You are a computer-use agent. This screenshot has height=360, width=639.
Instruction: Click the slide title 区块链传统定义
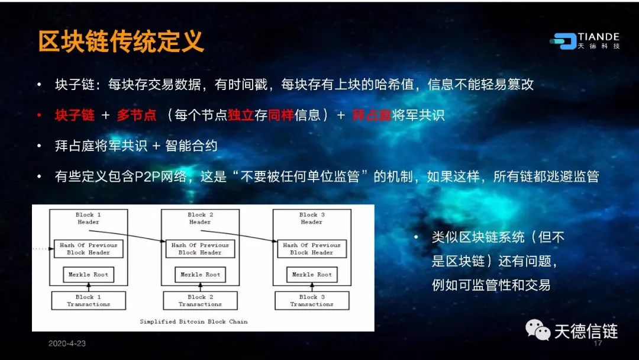coord(121,41)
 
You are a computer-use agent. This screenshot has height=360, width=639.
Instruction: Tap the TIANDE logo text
coord(598,37)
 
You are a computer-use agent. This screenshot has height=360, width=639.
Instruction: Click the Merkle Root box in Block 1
coord(88,274)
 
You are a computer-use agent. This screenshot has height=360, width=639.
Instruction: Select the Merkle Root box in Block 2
coord(200,274)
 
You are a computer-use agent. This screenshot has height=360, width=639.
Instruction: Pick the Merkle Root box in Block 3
coord(312,274)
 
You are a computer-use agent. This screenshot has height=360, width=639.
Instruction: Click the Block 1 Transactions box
coord(88,300)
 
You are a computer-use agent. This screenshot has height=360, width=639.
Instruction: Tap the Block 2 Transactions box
coord(200,300)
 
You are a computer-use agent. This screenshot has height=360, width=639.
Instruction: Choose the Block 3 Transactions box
coord(312,300)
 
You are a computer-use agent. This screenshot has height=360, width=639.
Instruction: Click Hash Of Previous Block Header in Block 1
coord(88,249)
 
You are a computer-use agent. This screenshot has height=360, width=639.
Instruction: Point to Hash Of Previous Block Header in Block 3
coord(312,249)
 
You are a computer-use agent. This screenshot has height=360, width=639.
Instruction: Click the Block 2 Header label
coord(200,218)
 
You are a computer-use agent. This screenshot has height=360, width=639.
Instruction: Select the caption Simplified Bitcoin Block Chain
coord(193,322)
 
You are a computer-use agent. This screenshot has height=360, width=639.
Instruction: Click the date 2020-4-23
coord(67,343)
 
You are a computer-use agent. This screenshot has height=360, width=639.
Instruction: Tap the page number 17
coord(598,343)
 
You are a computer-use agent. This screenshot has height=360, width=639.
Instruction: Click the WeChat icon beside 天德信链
coord(538,330)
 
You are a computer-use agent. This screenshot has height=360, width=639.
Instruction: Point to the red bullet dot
coord(39,115)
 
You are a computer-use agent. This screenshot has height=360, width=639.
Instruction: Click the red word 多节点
coord(137,115)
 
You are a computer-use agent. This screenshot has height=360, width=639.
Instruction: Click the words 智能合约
coord(191,146)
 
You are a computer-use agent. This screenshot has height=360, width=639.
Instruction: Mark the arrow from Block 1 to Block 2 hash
coord(127,236)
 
